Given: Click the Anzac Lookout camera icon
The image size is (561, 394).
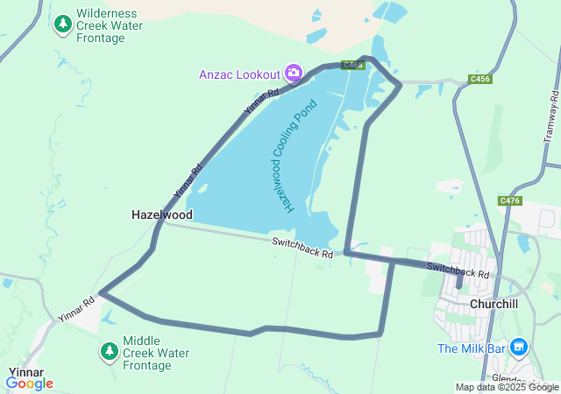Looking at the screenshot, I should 294,72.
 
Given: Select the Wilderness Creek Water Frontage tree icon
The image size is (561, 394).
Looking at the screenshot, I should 62,25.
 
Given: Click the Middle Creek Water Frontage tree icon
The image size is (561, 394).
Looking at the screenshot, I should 109,352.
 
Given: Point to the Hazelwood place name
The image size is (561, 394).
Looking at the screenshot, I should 161,214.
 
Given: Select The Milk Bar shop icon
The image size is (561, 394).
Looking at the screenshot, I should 518,348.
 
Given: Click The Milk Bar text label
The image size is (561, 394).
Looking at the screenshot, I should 471,348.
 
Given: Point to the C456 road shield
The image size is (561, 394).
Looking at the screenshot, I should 479,79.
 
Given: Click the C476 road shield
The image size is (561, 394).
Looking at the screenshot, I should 510,201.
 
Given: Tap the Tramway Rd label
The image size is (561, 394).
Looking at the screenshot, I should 551,118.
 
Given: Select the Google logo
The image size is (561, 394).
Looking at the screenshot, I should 29,383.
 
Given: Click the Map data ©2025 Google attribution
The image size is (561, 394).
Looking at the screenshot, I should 507,387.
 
